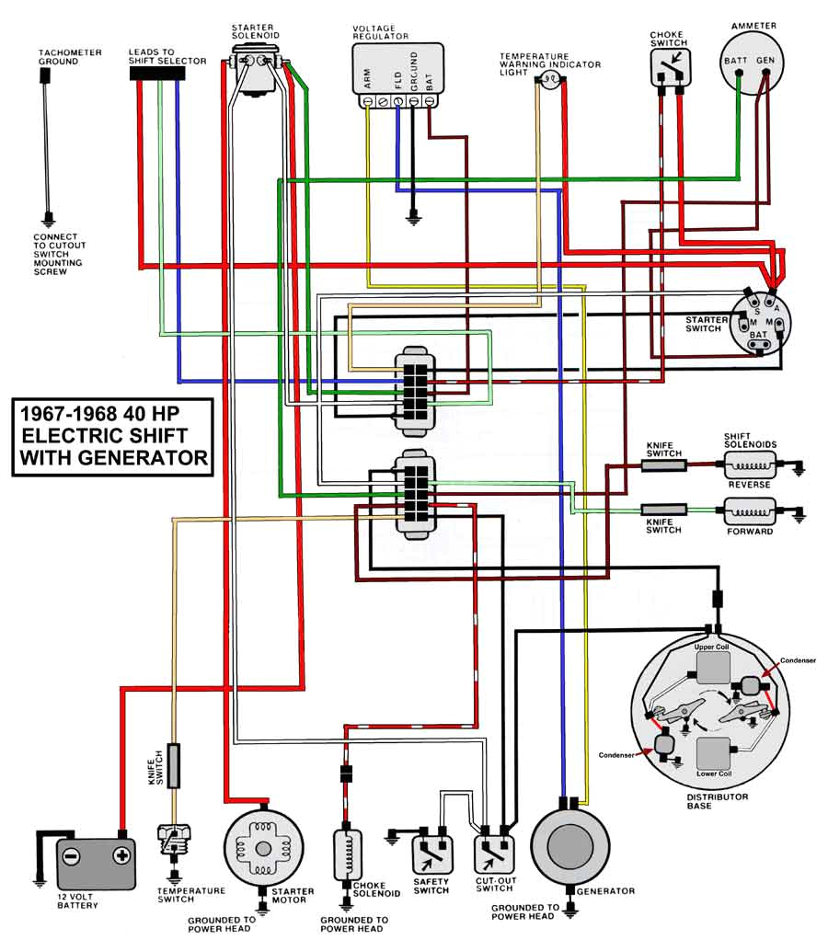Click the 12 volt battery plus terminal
pyautogui.click(x=120, y=855)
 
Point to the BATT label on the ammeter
pyautogui.click(x=734, y=61)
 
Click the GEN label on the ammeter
pyautogui.click(x=765, y=61)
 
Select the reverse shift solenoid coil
pyautogui.click(x=750, y=465)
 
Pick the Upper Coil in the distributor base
pyautogui.click(x=714, y=665)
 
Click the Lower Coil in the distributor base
pyautogui.click(x=714, y=754)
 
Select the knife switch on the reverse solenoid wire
pyautogui.click(x=663, y=465)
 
